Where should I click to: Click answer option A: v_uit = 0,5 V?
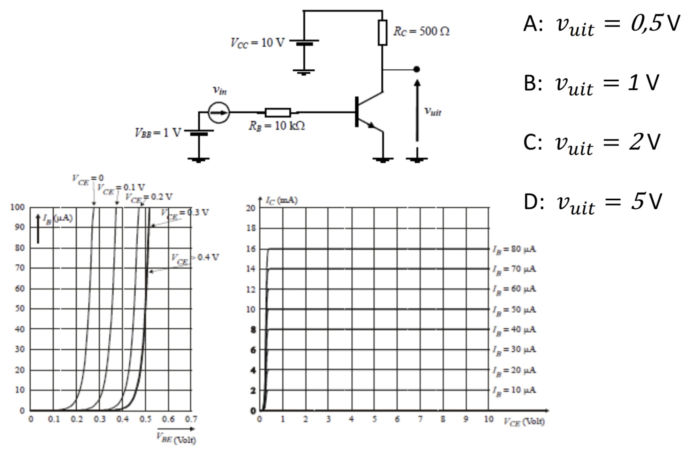pyautogui.click(x=601, y=25)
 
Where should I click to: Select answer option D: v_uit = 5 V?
pyautogui.click(x=593, y=202)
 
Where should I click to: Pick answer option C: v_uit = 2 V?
pyautogui.click(x=592, y=143)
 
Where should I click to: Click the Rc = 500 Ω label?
pyautogui.click(x=421, y=31)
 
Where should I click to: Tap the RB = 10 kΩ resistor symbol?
pyautogui.click(x=278, y=113)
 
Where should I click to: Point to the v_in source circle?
pyautogui.click(x=219, y=112)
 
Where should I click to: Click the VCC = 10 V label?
pyautogui.click(x=257, y=43)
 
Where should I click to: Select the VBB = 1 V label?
pyautogui.click(x=158, y=132)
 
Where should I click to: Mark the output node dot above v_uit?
pyautogui.click(x=416, y=69)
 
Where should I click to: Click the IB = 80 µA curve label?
pyautogui.click(x=514, y=249)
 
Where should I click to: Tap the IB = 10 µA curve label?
pyautogui.click(x=514, y=390)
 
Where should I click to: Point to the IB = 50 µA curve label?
pyautogui.click(x=514, y=309)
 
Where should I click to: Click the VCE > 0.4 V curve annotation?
pyautogui.click(x=195, y=258)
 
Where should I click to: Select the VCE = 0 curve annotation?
pyautogui.click(x=88, y=179)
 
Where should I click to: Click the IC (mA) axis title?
pyautogui.click(x=281, y=200)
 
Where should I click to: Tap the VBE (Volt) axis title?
pyautogui.click(x=176, y=439)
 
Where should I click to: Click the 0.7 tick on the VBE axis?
pyautogui.click(x=191, y=419)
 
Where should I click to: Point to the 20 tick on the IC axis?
pyautogui.click(x=250, y=208)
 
